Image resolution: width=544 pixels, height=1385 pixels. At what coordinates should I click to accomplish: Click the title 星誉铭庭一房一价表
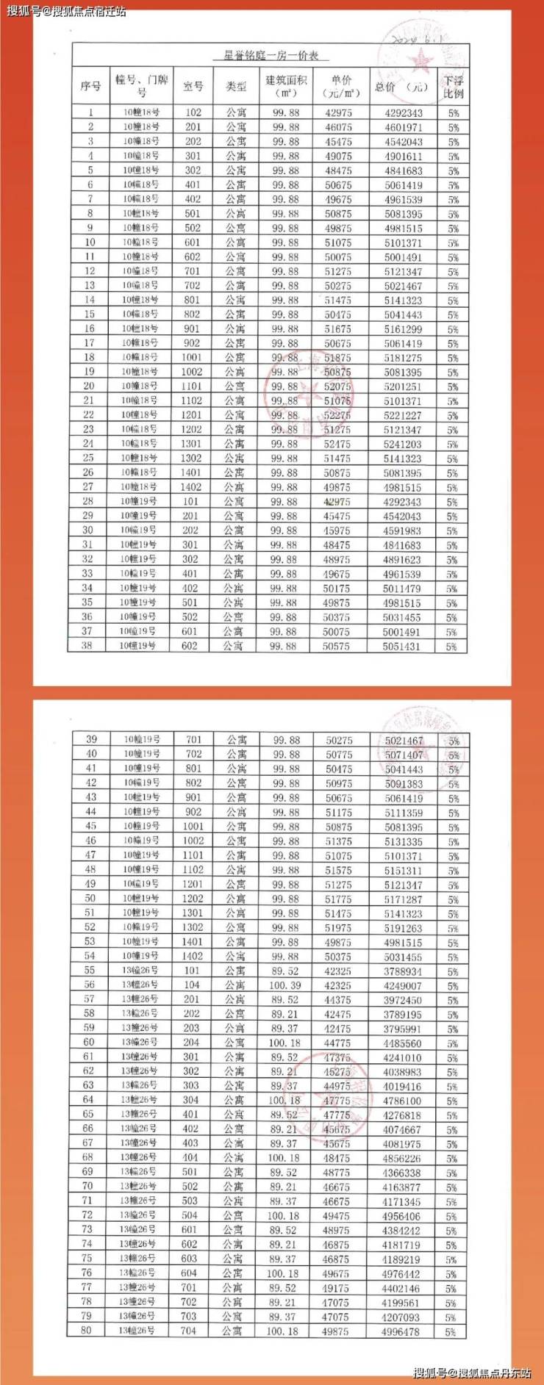[276, 56]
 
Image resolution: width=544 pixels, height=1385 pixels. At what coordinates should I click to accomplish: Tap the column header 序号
[90, 87]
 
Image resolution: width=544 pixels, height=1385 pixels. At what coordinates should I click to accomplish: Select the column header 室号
[193, 87]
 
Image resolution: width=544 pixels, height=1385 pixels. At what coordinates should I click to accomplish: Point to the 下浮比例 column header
[454, 87]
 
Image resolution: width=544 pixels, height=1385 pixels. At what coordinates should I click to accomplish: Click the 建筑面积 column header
[285, 87]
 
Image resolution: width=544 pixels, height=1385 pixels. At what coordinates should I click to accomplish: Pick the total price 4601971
[404, 127]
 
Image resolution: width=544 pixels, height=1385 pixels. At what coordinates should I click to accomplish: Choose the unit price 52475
[337, 444]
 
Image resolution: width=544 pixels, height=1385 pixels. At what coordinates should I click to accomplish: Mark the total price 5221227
[404, 415]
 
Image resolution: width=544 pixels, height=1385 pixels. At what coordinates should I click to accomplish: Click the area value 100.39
[284, 985]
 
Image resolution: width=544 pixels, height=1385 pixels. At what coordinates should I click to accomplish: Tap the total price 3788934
[402, 971]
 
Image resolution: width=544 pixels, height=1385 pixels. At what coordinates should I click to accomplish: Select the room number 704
[189, 1331]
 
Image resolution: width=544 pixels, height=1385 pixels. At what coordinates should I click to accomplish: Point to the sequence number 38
[87, 646]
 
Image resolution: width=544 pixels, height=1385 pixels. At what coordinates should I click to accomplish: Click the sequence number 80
[87, 1331]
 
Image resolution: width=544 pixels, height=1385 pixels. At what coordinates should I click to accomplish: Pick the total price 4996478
[401, 1331]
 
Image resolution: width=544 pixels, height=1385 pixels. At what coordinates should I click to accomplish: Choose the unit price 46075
[338, 127]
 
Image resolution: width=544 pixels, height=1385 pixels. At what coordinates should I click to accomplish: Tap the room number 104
[191, 985]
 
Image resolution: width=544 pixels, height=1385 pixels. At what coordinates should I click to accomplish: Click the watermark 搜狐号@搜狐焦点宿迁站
[67, 11]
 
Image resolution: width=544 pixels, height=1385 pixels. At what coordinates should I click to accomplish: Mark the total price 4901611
[404, 156]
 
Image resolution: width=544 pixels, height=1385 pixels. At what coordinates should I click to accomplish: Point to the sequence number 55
[89, 971]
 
